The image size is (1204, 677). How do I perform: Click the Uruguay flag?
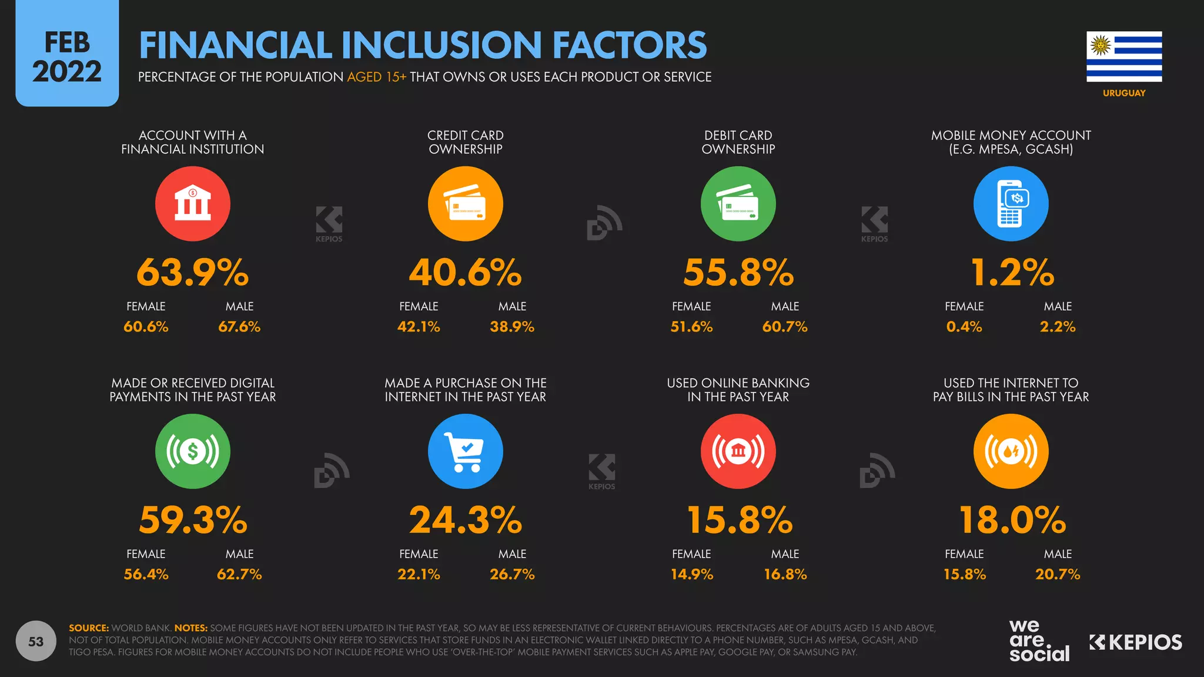[x=1123, y=56]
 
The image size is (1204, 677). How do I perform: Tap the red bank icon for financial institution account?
[x=193, y=203]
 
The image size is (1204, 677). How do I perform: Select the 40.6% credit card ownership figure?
[x=465, y=273]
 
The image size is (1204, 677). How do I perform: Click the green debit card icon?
[x=738, y=203]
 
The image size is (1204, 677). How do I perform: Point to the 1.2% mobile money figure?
[x=1012, y=273]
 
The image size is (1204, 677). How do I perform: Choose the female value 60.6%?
[x=146, y=327]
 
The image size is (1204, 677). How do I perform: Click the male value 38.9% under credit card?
[x=512, y=327]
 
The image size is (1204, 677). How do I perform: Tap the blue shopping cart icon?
[x=465, y=451]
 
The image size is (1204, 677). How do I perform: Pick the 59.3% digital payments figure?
[x=193, y=520]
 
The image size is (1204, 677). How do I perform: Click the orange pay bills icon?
[x=1011, y=451]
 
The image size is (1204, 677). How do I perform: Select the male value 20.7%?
[x=1058, y=574]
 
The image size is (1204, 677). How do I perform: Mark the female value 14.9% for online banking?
[x=692, y=574]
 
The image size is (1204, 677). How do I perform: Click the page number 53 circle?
[x=36, y=641]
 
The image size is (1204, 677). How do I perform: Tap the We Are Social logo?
[x=1039, y=641]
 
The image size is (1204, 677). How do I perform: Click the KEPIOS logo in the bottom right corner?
[x=1135, y=642]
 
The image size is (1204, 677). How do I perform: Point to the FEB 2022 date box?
[x=67, y=57]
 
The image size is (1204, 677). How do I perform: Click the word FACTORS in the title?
[x=629, y=45]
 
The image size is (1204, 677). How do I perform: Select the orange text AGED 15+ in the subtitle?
[x=376, y=77]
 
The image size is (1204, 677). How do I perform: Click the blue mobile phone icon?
[x=1011, y=203]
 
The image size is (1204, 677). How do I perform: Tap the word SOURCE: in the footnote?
[x=89, y=628]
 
